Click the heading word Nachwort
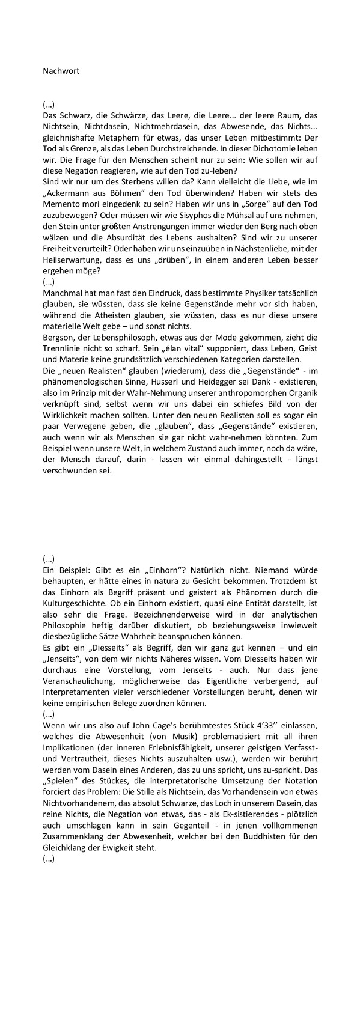pos(61,70)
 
